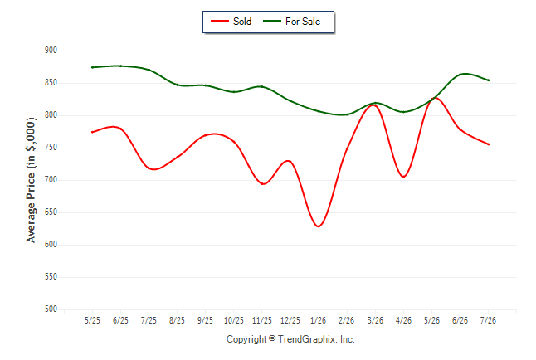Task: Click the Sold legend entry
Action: point(231,22)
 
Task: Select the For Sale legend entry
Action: point(291,22)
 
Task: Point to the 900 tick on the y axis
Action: point(51,51)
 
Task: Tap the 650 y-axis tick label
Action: point(51,212)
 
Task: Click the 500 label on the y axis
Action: point(51,309)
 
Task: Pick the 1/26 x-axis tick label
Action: point(319,320)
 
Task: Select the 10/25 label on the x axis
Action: point(233,320)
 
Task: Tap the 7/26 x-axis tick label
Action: point(488,320)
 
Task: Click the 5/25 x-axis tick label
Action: point(92,320)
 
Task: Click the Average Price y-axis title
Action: point(31,180)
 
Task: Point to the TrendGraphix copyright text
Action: point(290,339)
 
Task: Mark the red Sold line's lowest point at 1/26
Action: point(319,226)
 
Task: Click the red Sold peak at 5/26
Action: point(434,98)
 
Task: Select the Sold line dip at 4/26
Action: point(404,177)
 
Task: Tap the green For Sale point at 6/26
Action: point(460,74)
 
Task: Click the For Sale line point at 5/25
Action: point(92,67)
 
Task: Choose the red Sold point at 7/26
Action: point(489,144)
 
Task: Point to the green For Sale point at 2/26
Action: point(347,114)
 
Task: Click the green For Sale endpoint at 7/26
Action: point(489,80)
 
